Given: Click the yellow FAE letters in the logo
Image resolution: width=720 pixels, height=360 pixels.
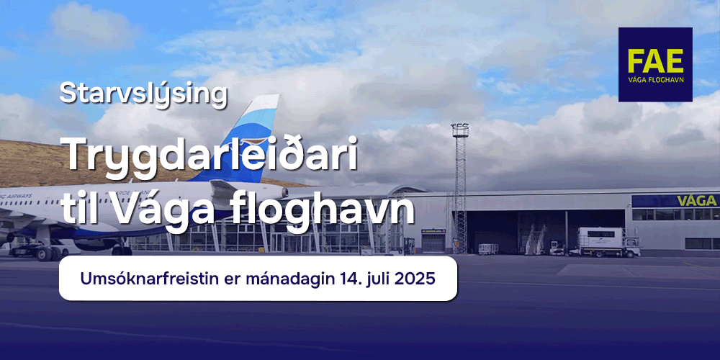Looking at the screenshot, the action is (655, 60).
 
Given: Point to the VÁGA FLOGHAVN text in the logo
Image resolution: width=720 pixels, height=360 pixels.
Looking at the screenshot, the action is (655, 81).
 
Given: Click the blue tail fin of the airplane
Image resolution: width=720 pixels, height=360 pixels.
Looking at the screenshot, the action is (243, 138).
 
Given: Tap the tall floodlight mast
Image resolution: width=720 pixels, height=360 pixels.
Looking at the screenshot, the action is (460, 188).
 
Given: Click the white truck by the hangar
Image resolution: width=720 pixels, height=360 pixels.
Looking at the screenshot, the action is (609, 242).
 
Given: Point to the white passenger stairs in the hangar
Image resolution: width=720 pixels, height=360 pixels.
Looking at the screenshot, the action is (535, 239).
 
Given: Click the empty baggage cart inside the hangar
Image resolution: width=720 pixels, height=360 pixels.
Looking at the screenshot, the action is (489, 249).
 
